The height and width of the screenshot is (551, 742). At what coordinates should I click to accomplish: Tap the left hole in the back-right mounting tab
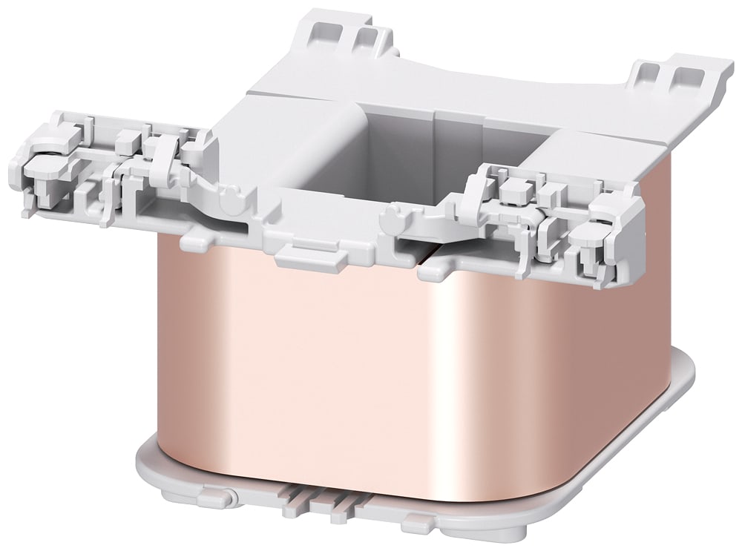[x=647, y=72]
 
